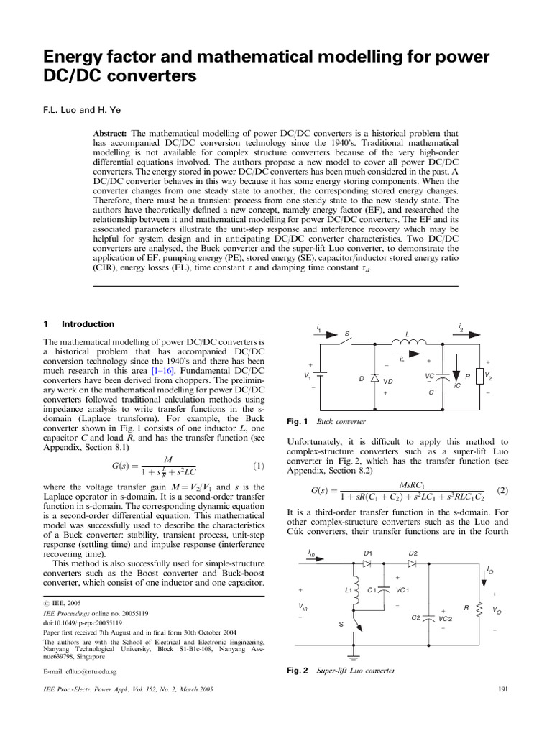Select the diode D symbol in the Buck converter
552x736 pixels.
(x=374, y=379)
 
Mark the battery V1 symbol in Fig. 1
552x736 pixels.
(x=320, y=376)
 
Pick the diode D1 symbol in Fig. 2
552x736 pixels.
(x=367, y=563)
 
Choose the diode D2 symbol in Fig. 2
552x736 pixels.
(x=412, y=563)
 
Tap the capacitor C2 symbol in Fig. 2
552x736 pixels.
(x=428, y=617)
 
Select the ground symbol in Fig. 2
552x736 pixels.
(x=352, y=655)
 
